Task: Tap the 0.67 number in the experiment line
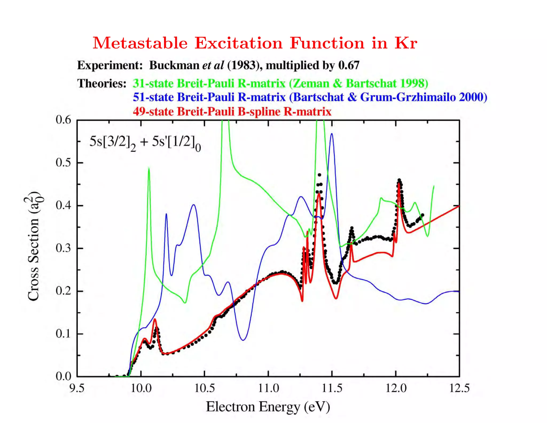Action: click(349, 66)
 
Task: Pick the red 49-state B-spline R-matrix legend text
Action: click(232, 111)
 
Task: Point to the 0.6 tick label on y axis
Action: click(63, 120)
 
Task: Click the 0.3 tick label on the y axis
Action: click(63, 248)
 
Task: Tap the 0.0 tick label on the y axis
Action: click(63, 376)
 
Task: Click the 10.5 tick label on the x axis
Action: click(204, 388)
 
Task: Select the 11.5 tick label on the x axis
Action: click(332, 388)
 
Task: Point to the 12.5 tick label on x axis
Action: click(459, 388)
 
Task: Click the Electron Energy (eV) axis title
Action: click(268, 407)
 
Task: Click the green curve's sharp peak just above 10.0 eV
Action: click(149, 168)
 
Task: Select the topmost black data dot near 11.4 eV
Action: click(319, 175)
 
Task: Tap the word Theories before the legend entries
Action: click(102, 83)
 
